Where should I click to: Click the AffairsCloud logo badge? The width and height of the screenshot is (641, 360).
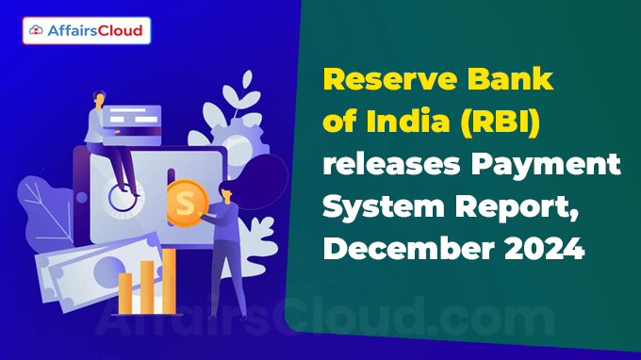click(x=87, y=31)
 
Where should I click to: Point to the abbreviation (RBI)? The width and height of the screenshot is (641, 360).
click(x=500, y=123)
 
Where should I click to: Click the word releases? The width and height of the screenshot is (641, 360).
click(x=391, y=164)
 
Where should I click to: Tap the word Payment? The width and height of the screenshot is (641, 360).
click(x=546, y=166)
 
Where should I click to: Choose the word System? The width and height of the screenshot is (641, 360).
click(x=384, y=206)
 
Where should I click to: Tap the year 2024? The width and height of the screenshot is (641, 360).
click(x=544, y=248)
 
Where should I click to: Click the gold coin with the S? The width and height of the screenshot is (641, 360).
click(x=188, y=203)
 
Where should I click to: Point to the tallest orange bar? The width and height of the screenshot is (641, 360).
click(x=169, y=281)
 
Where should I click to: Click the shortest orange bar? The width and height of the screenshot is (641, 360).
click(x=124, y=293)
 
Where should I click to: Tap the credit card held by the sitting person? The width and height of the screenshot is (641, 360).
click(x=132, y=125)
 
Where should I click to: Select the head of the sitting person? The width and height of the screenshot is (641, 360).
click(x=99, y=98)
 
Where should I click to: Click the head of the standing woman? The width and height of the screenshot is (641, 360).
click(x=225, y=190)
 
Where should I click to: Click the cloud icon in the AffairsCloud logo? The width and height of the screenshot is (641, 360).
click(x=36, y=30)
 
